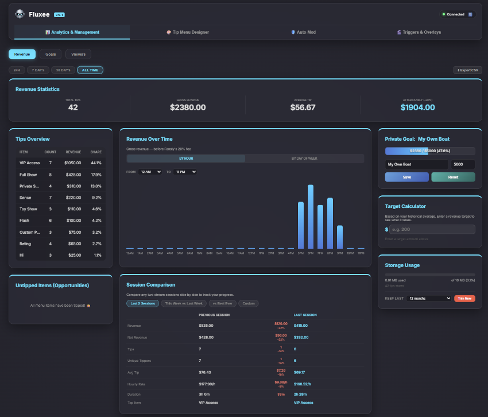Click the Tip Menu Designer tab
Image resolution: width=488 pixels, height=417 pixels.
[188, 32]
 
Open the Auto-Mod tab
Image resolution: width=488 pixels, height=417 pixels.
[303, 32]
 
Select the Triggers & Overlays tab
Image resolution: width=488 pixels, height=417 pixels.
[419, 32]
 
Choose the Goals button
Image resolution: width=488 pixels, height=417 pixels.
[51, 54]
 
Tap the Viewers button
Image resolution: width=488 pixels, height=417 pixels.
[78, 54]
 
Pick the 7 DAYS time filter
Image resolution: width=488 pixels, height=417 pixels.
[38, 70]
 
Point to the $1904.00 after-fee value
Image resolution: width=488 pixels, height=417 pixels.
[417, 107]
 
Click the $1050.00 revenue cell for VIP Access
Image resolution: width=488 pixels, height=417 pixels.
[73, 163]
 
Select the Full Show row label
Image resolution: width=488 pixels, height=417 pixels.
[28, 175]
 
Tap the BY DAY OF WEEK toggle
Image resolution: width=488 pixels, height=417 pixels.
[304, 158]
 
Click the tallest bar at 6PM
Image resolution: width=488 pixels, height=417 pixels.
[311, 217]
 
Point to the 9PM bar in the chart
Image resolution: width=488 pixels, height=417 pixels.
[339, 237]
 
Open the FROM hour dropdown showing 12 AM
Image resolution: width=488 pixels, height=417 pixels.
[151, 172]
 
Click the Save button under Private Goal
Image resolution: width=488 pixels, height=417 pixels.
[406, 177]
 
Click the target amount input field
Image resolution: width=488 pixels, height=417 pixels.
[432, 229]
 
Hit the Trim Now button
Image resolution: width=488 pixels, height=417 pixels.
[464, 298]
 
